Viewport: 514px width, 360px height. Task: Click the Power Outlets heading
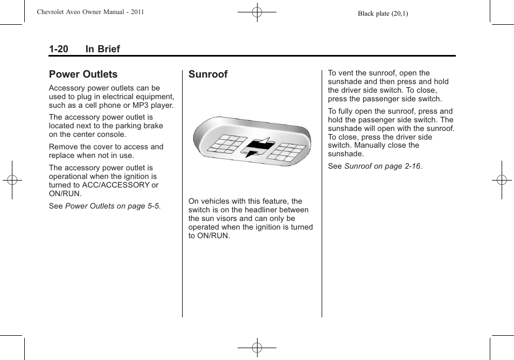(x=83, y=74)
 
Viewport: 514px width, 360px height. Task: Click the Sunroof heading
(x=208, y=74)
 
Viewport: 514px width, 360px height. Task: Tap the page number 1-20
(x=58, y=49)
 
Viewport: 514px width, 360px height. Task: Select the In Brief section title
(x=102, y=49)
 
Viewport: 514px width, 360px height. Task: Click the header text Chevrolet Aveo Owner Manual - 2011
(x=90, y=12)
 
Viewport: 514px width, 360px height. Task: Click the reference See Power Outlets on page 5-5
(x=105, y=206)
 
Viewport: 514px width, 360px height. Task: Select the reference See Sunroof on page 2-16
(x=375, y=167)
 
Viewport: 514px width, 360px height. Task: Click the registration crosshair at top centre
(x=257, y=12)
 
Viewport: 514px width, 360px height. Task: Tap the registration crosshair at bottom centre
(x=257, y=348)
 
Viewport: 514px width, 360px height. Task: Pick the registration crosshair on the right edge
(x=501, y=180)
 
